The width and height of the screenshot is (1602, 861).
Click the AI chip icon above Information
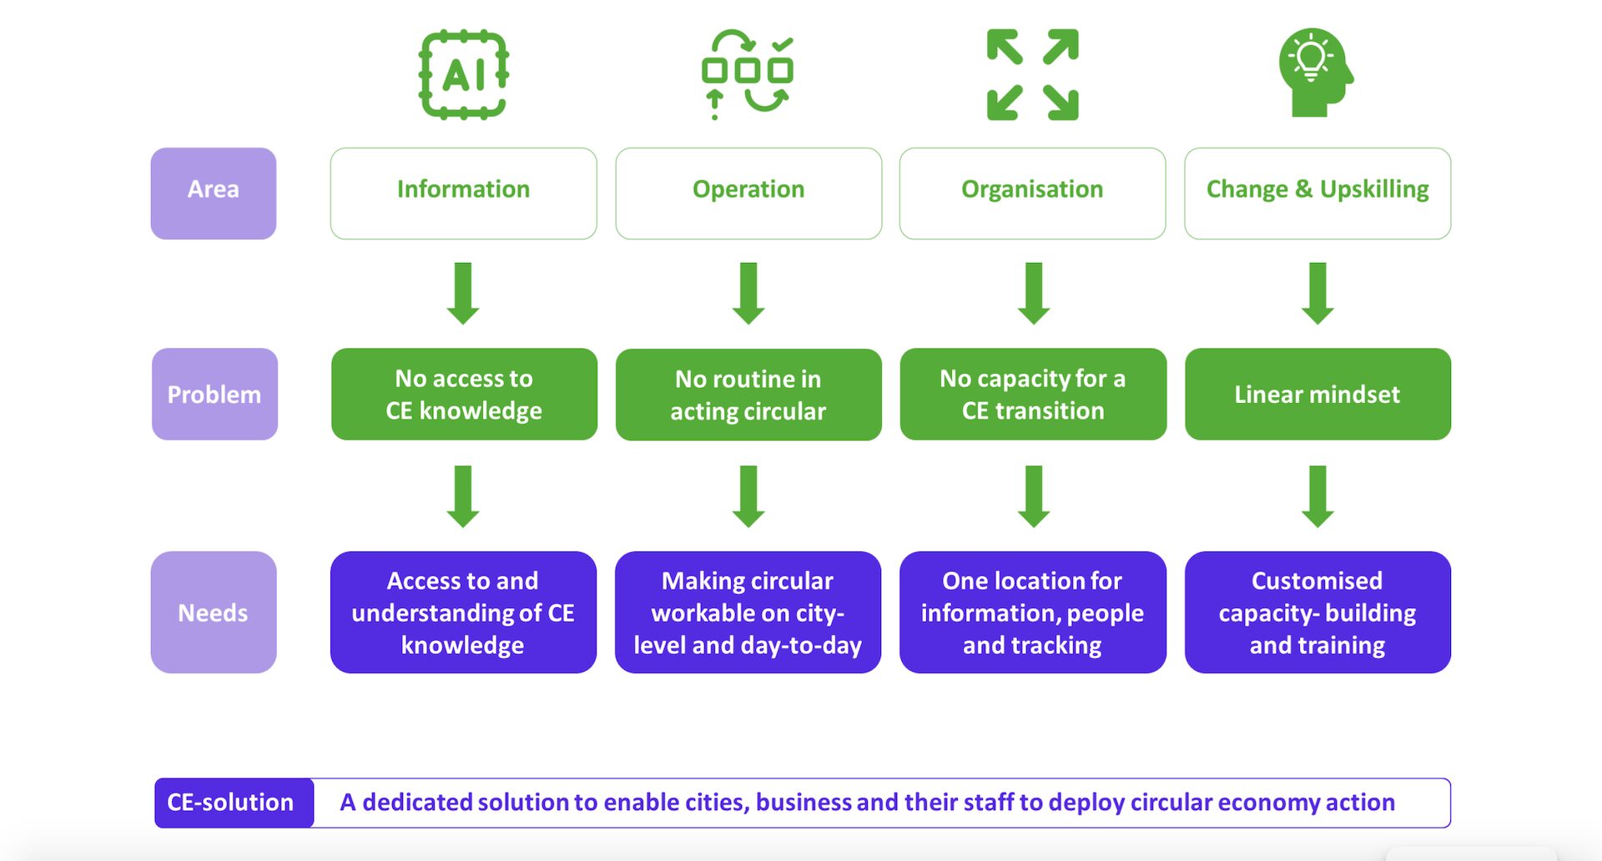coord(463,75)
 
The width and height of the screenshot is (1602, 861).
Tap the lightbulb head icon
coord(1315,73)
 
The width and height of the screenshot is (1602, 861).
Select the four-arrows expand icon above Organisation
coord(1032,75)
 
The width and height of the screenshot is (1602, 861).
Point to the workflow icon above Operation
coord(748,75)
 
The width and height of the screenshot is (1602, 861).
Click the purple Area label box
coord(214,194)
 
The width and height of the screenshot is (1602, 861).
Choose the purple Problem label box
coord(214,394)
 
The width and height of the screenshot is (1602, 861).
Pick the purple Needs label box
coord(214,612)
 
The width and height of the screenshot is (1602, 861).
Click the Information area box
coord(463,194)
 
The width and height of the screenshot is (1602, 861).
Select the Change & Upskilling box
coord(1317,194)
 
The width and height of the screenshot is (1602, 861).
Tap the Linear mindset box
coord(1317,394)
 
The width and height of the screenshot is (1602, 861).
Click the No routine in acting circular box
coord(748,395)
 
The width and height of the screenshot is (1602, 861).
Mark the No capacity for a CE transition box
coord(1033,394)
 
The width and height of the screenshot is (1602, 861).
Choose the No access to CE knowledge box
coord(464,394)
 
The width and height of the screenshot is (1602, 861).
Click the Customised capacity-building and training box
coord(1317,612)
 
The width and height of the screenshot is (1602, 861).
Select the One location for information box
coord(1032,612)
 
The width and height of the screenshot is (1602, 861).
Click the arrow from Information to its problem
coord(463,294)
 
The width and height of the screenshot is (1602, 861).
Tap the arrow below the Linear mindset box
coord(1317,496)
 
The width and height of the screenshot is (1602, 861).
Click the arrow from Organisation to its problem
coord(1034,294)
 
